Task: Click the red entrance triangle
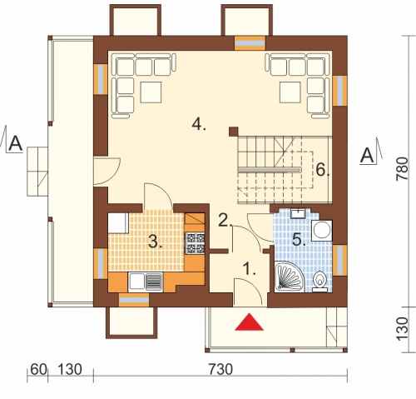(249, 322)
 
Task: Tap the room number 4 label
(199, 125)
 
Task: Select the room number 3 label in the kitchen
(156, 242)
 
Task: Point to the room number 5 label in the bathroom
(299, 239)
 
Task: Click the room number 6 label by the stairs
(323, 170)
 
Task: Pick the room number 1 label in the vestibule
(250, 269)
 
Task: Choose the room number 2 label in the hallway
(225, 220)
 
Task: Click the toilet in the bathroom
(319, 282)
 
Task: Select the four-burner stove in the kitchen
(196, 243)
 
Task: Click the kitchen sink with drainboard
(146, 282)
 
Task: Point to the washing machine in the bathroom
(322, 231)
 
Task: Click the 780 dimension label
(402, 169)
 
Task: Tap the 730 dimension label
(220, 370)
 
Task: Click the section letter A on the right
(368, 156)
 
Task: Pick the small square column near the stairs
(234, 132)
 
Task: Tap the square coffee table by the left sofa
(151, 92)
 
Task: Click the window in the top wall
(250, 43)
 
